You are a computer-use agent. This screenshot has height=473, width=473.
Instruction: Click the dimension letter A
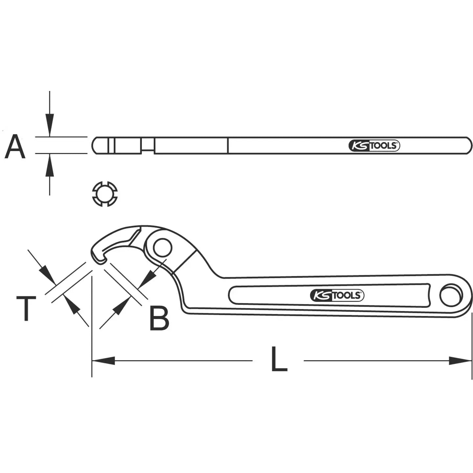tap(15, 146)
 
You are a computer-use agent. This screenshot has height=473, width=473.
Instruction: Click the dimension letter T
tap(26, 308)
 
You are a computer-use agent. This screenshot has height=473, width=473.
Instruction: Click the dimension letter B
tap(159, 318)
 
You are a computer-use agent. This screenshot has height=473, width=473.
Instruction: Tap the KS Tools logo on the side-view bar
tap(374, 146)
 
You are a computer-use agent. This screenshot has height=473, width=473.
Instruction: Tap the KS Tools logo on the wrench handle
tap(337, 296)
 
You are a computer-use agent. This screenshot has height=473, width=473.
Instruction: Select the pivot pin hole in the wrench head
tap(162, 248)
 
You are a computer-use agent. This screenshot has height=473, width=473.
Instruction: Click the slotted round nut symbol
tap(104, 194)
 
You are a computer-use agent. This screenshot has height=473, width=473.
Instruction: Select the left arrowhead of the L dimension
tap(103, 360)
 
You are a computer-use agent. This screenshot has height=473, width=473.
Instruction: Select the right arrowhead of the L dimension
tap(461, 360)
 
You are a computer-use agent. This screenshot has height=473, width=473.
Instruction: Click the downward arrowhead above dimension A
tap(50, 125)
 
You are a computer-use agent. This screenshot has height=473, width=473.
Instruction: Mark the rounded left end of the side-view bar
tap(96, 146)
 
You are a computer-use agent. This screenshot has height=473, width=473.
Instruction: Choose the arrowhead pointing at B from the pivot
tap(147, 279)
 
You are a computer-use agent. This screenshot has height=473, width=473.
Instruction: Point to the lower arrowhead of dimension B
tap(120, 307)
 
